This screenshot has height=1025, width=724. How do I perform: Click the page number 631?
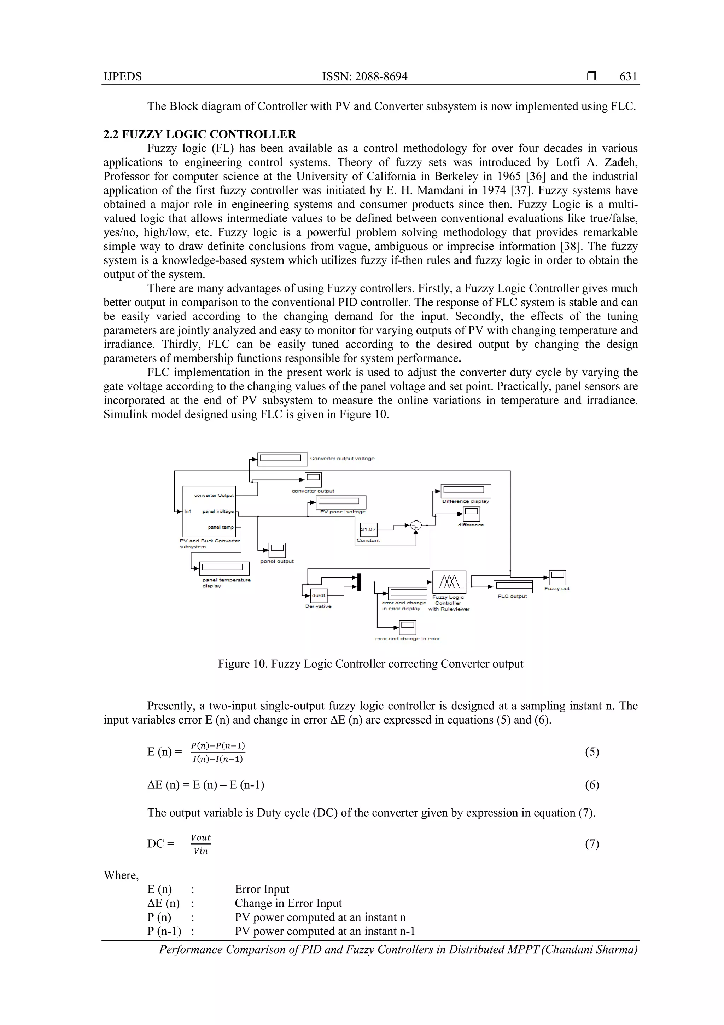click(628, 76)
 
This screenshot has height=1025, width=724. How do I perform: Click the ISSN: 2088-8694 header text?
click(364, 76)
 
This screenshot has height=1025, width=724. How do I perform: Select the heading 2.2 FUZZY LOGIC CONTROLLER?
click(200, 134)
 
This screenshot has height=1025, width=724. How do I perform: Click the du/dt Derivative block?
click(319, 595)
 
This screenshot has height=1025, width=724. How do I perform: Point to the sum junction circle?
click(416, 525)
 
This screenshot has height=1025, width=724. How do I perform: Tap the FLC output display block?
click(513, 586)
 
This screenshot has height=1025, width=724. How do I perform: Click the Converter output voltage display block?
click(282, 459)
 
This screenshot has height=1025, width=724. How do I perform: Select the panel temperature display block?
click(224, 568)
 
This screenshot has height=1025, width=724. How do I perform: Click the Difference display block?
click(466, 491)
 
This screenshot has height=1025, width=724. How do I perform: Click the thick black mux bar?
click(359, 582)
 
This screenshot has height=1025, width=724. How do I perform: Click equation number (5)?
click(591, 752)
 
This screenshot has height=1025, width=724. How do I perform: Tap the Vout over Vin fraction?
click(201, 844)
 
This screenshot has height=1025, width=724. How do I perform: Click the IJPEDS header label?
click(123, 76)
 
